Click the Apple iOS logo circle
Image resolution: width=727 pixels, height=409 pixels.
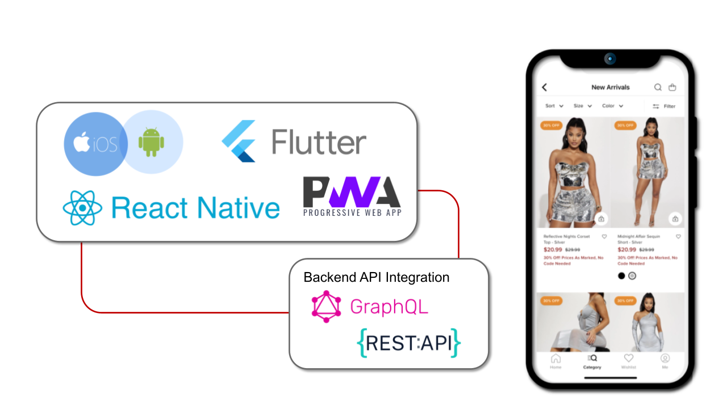[94, 144]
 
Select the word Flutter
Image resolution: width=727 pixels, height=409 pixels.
[319, 142]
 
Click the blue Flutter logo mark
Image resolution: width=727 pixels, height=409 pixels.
[239, 141]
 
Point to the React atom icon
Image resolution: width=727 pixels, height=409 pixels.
[83, 208]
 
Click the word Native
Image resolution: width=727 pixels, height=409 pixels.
[237, 208]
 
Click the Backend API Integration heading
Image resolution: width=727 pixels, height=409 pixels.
[377, 277]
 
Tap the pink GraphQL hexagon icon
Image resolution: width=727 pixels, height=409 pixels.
[326, 307]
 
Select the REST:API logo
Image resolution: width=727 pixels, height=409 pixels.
[408, 343]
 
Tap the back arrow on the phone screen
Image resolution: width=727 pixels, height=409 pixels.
[544, 87]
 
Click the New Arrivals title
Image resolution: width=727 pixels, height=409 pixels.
[611, 87]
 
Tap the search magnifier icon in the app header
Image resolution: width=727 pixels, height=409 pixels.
[658, 87]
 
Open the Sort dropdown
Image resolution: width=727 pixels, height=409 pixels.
[554, 106]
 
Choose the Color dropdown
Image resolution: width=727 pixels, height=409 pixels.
[613, 106]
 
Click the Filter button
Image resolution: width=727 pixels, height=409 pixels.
[664, 106]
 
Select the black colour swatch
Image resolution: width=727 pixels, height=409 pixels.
[621, 276]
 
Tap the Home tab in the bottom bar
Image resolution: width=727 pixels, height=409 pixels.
[555, 361]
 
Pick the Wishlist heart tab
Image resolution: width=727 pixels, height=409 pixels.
[628, 361]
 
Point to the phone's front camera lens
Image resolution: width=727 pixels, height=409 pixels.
[610, 59]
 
